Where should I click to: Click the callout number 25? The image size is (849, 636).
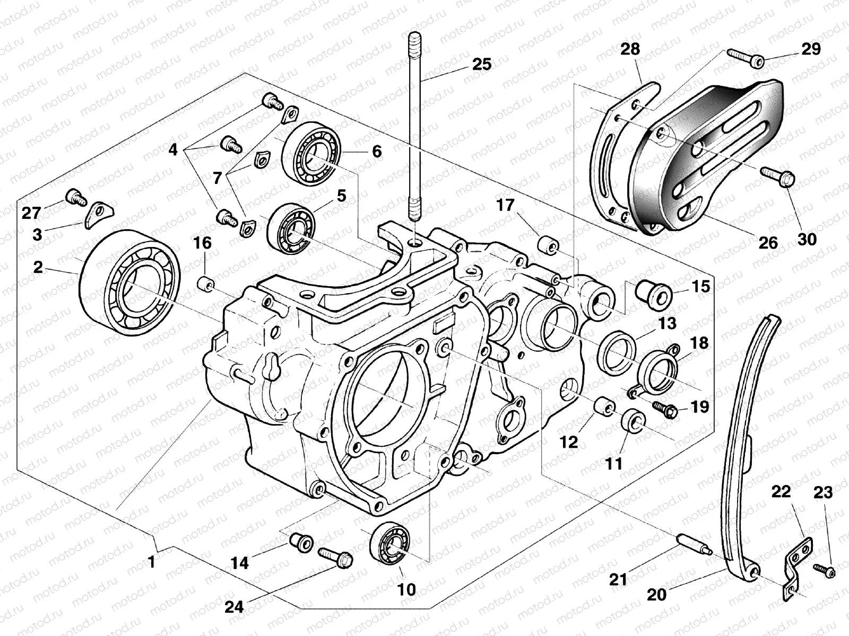(x=481, y=64)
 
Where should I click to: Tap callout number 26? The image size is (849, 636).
(x=768, y=242)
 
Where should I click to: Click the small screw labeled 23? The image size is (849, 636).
(x=824, y=570)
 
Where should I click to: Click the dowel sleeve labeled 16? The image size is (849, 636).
(x=205, y=284)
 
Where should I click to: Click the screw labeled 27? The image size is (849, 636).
(x=76, y=198)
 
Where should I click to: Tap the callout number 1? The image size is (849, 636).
(x=152, y=562)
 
